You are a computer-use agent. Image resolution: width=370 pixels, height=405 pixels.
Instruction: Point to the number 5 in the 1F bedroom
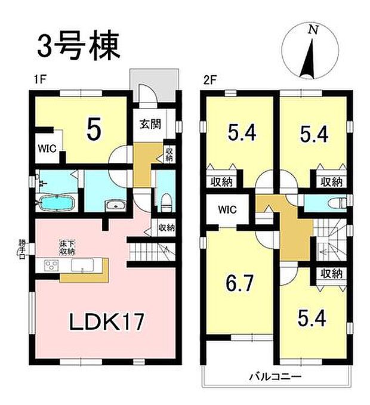93,130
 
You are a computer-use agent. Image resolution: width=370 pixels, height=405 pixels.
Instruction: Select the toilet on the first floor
166,200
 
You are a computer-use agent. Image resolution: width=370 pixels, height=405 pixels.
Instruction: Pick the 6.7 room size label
236,280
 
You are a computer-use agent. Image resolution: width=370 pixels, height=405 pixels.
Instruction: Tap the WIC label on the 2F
227,210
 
